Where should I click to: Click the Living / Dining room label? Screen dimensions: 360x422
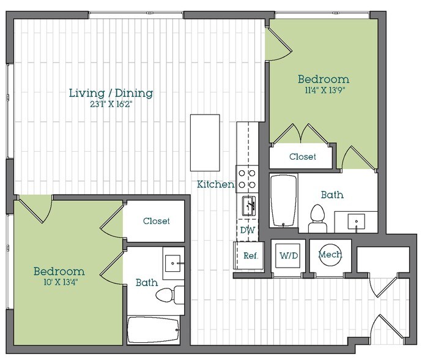111,93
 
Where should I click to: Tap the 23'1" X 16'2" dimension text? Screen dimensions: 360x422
111,105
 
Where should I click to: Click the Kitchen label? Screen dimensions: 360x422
215,184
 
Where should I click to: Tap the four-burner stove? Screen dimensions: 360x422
247,178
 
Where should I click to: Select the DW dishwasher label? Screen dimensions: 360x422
247,230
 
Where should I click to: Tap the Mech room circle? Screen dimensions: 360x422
330,255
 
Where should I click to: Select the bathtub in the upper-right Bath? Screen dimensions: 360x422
284,200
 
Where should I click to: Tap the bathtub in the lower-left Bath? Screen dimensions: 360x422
154,331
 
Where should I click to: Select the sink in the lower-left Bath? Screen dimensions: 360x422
174,263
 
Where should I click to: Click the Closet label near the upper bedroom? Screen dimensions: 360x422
303,157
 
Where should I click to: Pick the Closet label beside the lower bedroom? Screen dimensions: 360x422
156,221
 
